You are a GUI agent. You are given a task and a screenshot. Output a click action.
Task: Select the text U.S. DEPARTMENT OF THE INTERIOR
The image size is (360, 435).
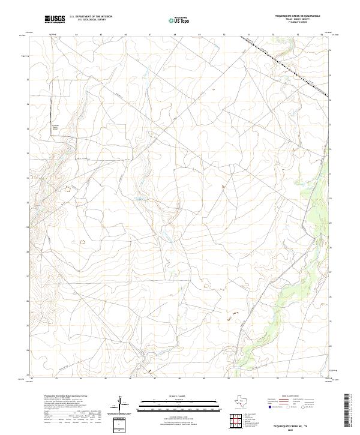click(91, 17)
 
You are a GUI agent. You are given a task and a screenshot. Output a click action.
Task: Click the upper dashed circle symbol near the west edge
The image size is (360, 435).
click(67, 190)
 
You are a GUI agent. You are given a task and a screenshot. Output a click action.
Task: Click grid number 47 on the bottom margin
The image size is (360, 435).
click(155, 379)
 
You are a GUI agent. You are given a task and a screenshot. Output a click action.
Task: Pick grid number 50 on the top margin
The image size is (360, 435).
click(223, 35)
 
